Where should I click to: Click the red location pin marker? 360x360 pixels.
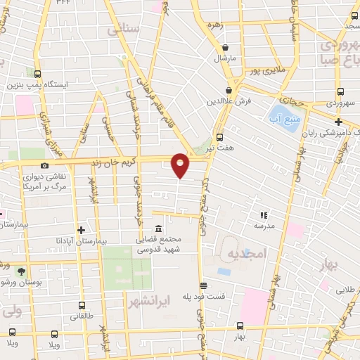(x=181, y=165)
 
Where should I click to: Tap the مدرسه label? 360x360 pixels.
(x=264, y=226)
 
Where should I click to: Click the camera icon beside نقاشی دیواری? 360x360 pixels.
(x=44, y=166)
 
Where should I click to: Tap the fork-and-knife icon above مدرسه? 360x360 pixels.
(x=264, y=215)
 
